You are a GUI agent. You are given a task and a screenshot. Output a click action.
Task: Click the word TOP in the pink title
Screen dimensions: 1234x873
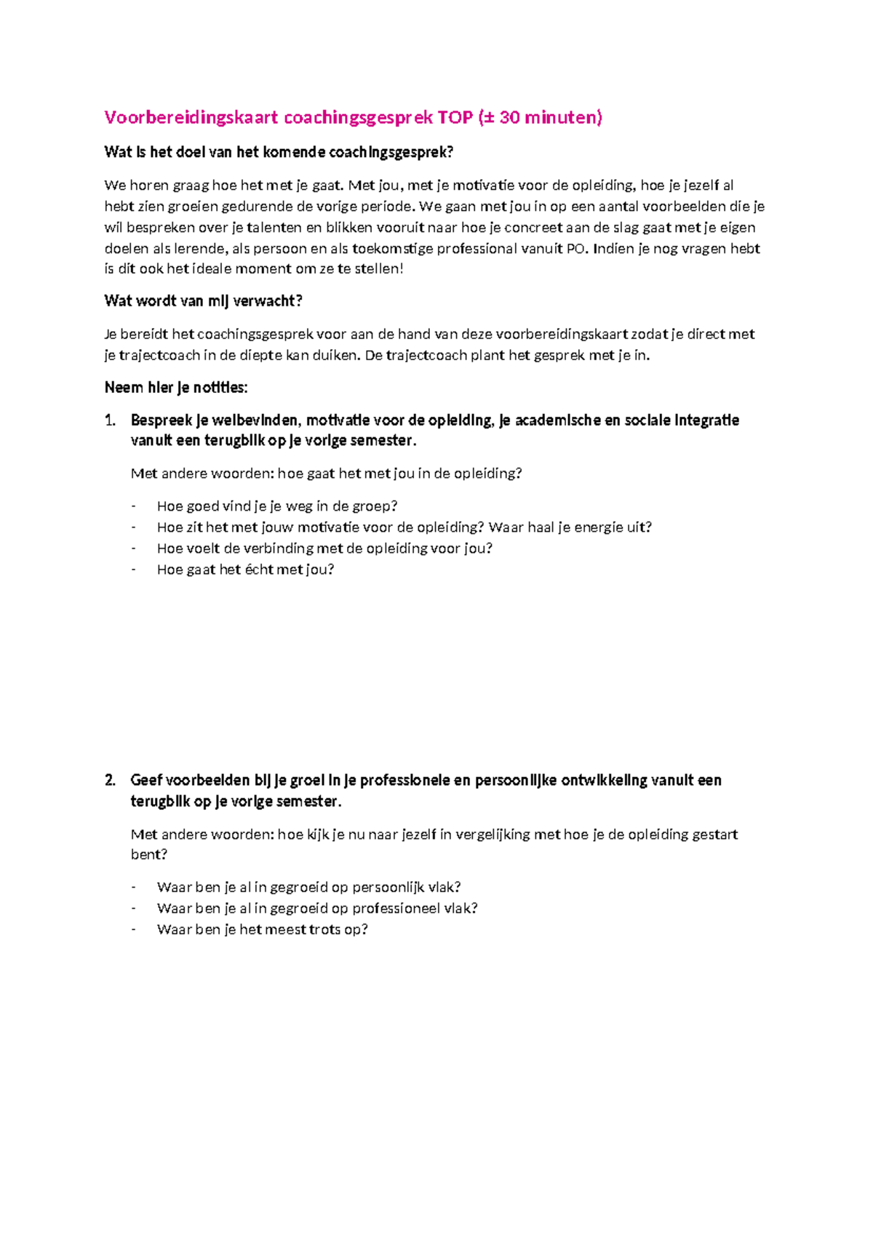tap(455, 117)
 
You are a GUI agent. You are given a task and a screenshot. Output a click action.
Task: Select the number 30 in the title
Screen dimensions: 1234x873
tap(509, 117)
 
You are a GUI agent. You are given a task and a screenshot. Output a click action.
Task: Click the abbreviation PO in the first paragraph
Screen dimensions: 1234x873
tap(575, 248)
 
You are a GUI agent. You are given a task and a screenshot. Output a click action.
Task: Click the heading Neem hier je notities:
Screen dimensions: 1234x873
tap(176, 387)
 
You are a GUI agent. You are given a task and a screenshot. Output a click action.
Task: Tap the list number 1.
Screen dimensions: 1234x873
tap(110, 420)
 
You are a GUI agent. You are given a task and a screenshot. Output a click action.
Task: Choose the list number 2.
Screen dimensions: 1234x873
tap(110, 780)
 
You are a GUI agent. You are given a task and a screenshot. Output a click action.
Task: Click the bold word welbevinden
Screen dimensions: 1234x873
tap(255, 420)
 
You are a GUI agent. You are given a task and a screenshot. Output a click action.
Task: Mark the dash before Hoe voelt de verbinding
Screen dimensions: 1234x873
tap(133, 548)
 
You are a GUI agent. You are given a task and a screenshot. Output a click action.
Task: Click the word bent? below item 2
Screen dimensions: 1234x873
tap(149, 854)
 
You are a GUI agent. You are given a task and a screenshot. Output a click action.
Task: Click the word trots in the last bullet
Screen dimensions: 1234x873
tap(324, 929)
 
